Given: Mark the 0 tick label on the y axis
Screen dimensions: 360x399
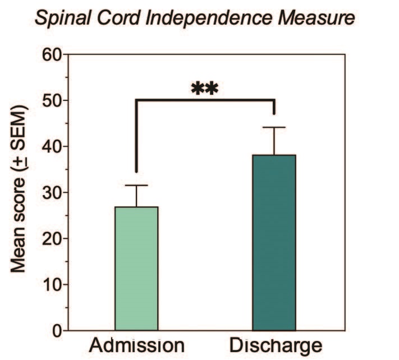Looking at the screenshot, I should pos(56,331).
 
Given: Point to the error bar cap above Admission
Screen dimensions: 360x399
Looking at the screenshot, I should pos(136,185).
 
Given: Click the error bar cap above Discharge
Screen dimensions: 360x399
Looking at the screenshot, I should pos(274,127).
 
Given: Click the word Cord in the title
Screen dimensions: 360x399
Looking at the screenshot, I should pos(118,19).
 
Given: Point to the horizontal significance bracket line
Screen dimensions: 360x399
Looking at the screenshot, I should pos(205,100).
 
